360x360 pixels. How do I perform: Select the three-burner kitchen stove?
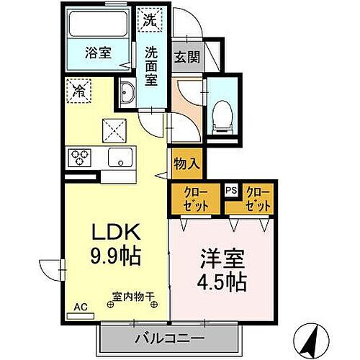pyautogui.click(x=78, y=157)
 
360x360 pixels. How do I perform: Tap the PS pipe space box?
pyautogui.click(x=231, y=190)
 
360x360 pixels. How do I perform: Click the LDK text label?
pyautogui.click(x=114, y=232)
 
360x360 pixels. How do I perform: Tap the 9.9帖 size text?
pyautogui.click(x=114, y=254)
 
